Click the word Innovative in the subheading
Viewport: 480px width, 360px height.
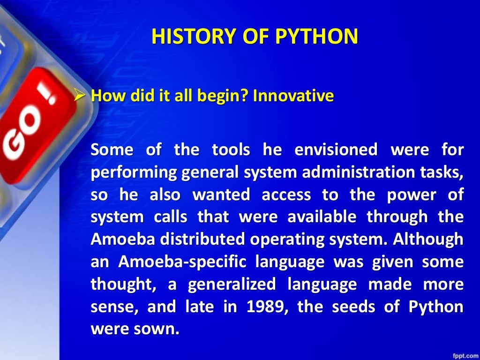293,96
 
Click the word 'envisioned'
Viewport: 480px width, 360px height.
336,150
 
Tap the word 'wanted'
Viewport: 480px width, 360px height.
222,195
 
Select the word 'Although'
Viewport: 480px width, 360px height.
428,239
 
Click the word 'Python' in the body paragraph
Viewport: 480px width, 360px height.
436,306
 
